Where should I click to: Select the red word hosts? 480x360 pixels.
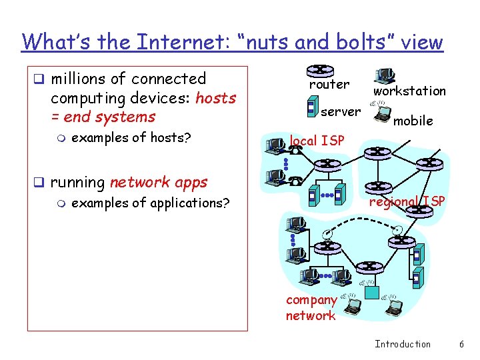coord(215,98)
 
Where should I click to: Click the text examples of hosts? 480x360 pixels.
coord(131,138)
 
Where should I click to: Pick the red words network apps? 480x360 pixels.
coord(159,182)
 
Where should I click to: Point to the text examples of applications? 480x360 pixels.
coord(149,203)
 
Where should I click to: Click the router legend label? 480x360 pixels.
coord(329,85)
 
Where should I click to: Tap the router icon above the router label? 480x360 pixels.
coord(320,70)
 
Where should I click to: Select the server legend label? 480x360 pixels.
coord(341,111)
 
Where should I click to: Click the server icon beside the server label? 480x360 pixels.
coord(311,107)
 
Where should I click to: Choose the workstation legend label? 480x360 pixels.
coord(409,91)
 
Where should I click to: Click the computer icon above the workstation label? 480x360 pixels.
coord(384,76)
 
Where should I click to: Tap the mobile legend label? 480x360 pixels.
coord(413,121)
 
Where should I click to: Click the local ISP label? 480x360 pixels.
coord(317,141)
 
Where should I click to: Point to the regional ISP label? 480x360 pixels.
coord(407,201)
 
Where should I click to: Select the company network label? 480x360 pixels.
coord(311,308)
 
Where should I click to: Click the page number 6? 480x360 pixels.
coord(461,344)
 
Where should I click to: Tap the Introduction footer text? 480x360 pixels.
coord(403,344)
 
